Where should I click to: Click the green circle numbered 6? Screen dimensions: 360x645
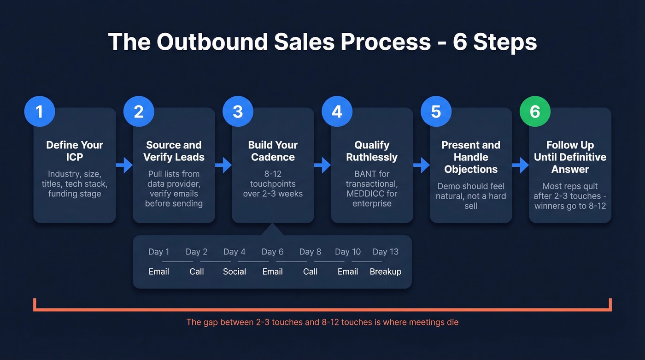click(535, 112)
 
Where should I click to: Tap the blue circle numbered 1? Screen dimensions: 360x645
click(40, 112)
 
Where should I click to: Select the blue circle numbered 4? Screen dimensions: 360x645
click(337, 112)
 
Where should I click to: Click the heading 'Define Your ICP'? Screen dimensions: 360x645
click(75, 151)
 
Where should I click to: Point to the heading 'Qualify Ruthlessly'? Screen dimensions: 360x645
click(372, 151)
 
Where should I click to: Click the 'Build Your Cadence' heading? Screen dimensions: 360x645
click(273, 151)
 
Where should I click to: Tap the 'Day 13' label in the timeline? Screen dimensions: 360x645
click(386, 252)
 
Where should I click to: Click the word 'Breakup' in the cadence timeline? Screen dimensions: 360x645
click(386, 271)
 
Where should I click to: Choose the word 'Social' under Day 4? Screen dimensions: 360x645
click(235, 271)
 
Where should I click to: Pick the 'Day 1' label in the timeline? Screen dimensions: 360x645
click(159, 252)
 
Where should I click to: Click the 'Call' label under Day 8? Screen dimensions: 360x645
click(310, 271)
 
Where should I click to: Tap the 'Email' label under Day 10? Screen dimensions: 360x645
click(348, 271)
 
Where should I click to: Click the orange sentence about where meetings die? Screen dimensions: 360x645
click(322, 322)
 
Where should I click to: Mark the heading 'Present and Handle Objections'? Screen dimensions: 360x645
click(471, 157)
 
